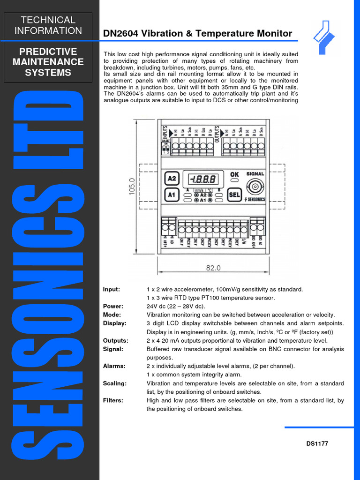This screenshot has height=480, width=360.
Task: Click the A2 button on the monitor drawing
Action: click(172, 179)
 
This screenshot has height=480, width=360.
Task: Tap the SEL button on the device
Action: click(234, 195)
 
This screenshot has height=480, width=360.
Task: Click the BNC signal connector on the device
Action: click(255, 187)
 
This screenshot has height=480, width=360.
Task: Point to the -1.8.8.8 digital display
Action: click(202, 179)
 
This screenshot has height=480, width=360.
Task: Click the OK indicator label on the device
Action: click(234, 174)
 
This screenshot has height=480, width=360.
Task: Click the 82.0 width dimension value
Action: click(213, 268)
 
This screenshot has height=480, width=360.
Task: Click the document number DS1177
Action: click(317, 444)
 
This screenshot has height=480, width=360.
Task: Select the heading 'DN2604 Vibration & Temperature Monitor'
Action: click(197, 34)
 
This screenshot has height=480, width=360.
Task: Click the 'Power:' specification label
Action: click(113, 307)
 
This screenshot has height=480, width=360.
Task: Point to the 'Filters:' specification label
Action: click(113, 400)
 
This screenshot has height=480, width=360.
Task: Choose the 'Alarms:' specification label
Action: click(114, 366)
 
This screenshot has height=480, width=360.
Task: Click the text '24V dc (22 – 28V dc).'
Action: click(176, 307)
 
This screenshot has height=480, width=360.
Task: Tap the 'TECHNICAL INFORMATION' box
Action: click(48, 25)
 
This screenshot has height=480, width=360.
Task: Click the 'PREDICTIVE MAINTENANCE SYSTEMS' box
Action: click(48, 62)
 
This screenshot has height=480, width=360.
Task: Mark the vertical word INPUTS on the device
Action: click(165, 131)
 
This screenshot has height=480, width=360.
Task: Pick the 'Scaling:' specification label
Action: click(114, 383)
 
